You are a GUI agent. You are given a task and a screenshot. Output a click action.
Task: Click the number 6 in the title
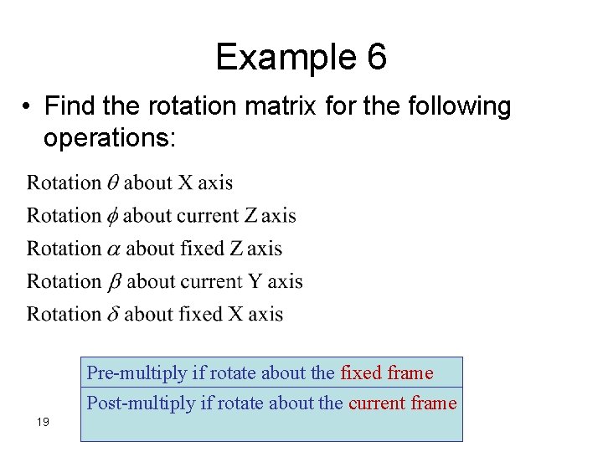coord(376,58)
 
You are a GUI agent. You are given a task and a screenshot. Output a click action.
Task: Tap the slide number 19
coord(44,421)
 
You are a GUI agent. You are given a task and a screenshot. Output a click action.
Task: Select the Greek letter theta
coord(112,182)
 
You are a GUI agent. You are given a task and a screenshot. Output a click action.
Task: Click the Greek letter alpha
coord(114,249)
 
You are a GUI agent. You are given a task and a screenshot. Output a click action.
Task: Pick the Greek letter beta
coord(115,282)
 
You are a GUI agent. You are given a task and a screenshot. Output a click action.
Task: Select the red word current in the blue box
coord(376,403)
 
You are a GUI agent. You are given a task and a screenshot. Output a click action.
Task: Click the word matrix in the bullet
coord(260,107)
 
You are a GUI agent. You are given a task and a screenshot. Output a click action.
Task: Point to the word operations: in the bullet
coord(110,137)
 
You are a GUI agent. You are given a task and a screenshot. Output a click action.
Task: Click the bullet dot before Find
coord(28,107)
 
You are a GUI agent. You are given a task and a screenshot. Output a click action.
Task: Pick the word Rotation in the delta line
coord(64,314)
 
